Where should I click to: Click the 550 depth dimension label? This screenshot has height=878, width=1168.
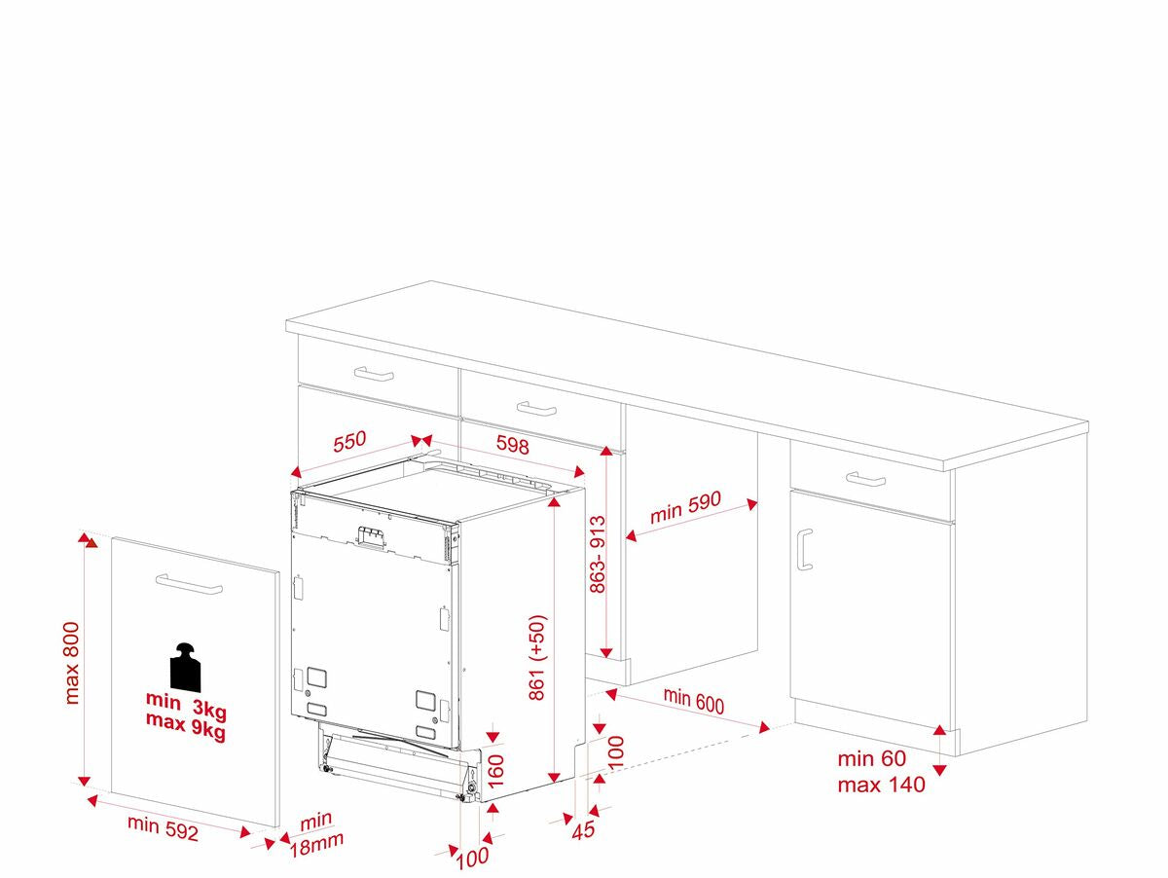349,441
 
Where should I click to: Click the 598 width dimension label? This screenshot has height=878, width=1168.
512,445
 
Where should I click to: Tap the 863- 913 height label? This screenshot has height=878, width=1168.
598,554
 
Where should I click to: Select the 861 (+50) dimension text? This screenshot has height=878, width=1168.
537,657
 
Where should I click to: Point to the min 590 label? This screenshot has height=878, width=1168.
685,506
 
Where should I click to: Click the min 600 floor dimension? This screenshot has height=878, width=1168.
693,700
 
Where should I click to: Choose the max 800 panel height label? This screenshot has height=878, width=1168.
71,663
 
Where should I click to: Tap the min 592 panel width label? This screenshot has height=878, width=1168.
163,828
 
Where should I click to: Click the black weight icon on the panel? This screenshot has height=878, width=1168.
185,667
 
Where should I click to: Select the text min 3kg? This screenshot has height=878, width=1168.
186,705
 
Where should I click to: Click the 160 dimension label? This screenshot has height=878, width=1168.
495,772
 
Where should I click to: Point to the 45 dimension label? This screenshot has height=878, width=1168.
583,830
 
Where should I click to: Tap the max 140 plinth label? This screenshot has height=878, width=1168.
881,785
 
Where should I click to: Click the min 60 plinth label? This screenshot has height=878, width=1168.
871,759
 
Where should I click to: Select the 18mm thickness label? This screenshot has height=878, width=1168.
316,845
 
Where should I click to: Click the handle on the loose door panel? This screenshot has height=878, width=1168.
189,584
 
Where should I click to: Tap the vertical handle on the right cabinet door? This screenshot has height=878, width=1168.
805,550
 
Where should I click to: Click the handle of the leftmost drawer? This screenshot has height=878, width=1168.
374,374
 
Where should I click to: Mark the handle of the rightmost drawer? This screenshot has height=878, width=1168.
865,479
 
